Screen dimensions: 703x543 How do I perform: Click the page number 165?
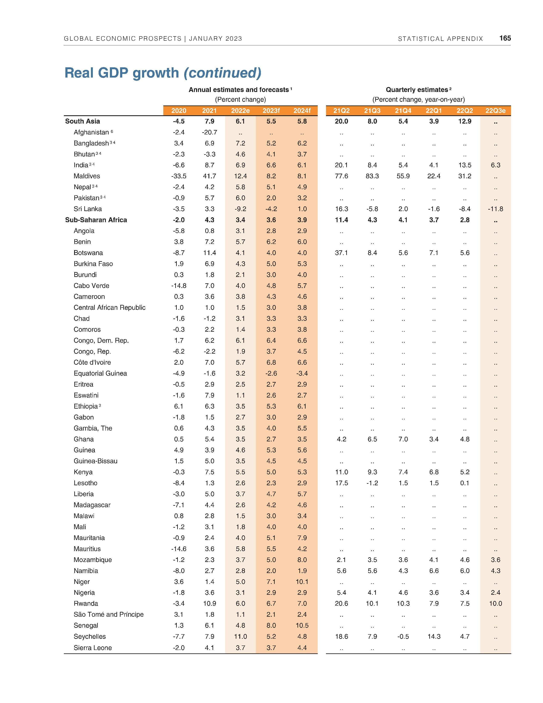[505, 38]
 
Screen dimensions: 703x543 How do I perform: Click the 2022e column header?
[240, 111]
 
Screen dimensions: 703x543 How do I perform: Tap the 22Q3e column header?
[495, 111]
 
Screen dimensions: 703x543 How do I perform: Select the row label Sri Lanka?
[88, 209]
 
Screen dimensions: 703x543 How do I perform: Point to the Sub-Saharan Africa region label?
[96, 220]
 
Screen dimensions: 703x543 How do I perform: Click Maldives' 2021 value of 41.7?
[209, 176]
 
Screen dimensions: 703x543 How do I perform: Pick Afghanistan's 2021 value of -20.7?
[209, 132]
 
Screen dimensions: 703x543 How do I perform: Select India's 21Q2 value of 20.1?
[341, 165]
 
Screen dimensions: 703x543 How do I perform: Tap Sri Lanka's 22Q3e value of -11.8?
[495, 209]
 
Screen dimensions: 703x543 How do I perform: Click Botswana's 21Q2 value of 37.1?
[341, 253]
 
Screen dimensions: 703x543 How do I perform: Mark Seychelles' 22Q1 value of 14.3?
[434, 636]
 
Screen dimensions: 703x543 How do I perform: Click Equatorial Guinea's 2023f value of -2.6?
[271, 373]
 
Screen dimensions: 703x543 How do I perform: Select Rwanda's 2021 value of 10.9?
[209, 604]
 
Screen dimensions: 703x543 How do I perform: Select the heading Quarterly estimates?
[417, 90]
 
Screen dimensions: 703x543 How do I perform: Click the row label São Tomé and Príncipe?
[108, 614]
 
